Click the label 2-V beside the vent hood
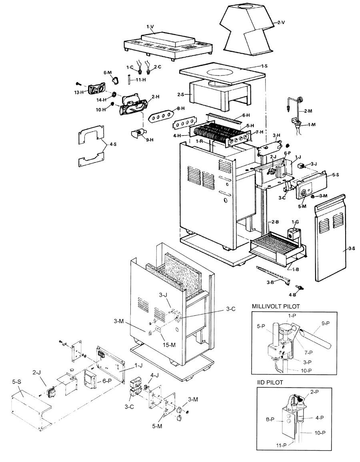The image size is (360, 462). pos(281,22)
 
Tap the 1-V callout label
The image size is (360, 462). pos(150,27)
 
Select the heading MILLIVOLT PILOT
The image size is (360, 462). pos(276,306)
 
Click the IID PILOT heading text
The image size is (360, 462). pos(270,382)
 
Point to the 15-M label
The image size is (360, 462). pos(169,344)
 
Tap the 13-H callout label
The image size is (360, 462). pos(79,92)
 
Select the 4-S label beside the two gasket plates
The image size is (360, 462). pos(113,144)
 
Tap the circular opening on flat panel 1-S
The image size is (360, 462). pos(222,72)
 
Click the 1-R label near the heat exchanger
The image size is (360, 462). pos(200,141)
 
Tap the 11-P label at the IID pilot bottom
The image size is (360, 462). pos(281,454)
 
